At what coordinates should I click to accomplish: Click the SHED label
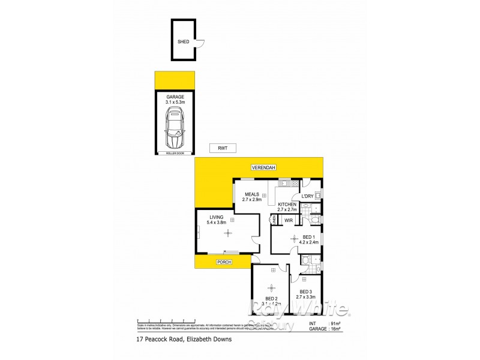point(183,42)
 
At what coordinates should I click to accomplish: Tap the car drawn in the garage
point(175,131)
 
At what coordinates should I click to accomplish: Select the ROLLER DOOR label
point(175,154)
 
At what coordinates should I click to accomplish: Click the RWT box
point(223,148)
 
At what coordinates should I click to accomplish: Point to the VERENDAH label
point(263,167)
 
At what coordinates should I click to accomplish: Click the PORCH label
point(224,262)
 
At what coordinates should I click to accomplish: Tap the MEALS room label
point(251,194)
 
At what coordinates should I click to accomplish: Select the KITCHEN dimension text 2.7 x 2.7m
point(287,211)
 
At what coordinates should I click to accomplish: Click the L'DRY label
point(307,196)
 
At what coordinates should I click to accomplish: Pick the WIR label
point(287,220)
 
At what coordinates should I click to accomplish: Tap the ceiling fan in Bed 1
point(293,239)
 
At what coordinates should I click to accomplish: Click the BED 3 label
point(306,292)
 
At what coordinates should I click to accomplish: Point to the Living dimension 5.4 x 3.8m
point(217,223)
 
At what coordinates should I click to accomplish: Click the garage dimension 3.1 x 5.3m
point(176,103)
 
